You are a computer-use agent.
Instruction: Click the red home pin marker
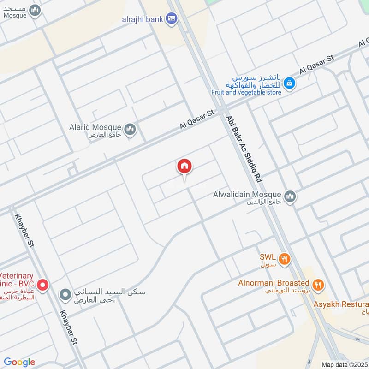[x=184, y=167]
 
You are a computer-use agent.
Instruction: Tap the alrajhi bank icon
[x=172, y=18]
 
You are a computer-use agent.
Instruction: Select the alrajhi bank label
[x=143, y=19]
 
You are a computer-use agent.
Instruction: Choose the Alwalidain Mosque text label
[x=247, y=195]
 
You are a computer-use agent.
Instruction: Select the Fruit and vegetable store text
[x=246, y=92]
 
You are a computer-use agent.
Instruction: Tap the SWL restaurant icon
[x=285, y=259]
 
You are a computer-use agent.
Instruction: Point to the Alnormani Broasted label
[x=274, y=283]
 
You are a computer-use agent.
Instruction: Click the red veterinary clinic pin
[x=42, y=285]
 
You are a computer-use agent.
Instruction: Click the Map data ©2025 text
[x=344, y=364]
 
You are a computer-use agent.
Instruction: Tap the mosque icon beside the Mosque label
[x=35, y=11]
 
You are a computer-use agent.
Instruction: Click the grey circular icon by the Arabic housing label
[x=65, y=294]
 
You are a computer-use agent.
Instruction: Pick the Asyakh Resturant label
[x=341, y=304]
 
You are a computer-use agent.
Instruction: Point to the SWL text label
[x=267, y=256]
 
